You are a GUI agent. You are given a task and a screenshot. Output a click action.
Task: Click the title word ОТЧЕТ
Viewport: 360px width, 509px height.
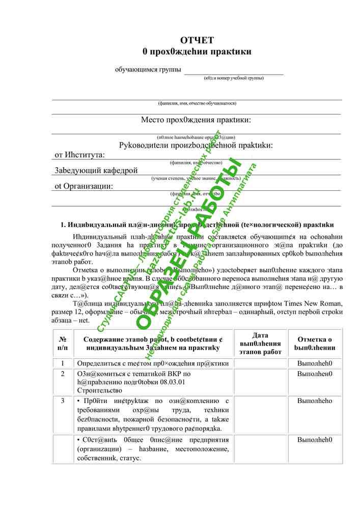point(197,40)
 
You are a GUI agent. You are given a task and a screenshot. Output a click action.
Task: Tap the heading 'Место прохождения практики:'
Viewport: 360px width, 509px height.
point(196,120)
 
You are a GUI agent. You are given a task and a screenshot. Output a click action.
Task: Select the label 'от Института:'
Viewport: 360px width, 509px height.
point(79,155)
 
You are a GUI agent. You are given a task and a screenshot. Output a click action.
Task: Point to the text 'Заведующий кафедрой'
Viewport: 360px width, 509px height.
point(96,171)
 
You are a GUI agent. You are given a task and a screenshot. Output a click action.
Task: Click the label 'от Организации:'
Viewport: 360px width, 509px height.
point(84,186)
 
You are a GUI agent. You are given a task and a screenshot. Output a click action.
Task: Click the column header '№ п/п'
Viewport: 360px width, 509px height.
point(63,343)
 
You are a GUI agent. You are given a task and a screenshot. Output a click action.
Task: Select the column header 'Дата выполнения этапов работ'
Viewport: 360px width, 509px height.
point(260,343)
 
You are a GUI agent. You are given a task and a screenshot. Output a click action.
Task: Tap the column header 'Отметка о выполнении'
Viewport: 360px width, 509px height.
point(315,343)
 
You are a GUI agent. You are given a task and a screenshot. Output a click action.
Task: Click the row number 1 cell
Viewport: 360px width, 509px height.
point(63,363)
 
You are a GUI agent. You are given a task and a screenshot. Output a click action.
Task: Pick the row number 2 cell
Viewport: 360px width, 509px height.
point(63,374)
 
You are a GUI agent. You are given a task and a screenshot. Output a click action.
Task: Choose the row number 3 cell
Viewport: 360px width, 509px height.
point(63,401)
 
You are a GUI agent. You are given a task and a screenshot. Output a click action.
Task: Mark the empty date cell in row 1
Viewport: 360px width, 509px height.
point(260,363)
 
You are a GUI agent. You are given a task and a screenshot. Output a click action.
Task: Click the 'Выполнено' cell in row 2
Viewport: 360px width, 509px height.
point(315,374)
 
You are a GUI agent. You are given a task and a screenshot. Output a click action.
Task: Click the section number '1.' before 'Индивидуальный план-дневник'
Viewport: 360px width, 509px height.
point(64,224)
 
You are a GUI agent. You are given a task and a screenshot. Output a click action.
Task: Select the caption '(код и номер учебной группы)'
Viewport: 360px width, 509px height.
point(233,78)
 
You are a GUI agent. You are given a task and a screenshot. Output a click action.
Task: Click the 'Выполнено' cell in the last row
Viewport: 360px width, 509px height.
point(315,439)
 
